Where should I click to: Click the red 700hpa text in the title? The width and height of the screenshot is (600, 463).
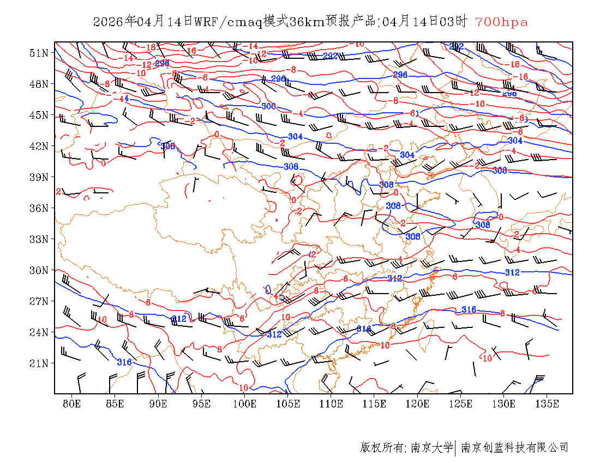(x=501, y=22)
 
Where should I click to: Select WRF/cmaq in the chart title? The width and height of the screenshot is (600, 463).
(x=228, y=22)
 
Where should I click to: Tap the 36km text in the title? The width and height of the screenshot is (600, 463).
(x=308, y=22)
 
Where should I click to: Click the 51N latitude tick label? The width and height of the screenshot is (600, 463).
(x=39, y=53)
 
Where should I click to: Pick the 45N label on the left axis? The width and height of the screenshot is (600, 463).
(x=39, y=115)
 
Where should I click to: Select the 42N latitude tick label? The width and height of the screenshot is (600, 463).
(x=39, y=146)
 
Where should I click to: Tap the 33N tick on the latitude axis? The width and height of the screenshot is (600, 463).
(x=39, y=239)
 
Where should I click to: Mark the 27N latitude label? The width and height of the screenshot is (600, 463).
(x=39, y=301)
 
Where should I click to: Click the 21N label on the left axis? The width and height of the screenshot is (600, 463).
(x=39, y=363)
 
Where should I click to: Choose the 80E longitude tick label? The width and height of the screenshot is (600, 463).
(x=72, y=404)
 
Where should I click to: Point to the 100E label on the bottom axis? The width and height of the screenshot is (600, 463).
(x=245, y=404)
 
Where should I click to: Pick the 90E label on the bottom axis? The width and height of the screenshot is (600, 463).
(x=158, y=404)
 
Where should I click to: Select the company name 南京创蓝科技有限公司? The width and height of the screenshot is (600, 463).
(x=514, y=448)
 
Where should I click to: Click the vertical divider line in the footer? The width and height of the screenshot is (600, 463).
(x=455, y=448)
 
